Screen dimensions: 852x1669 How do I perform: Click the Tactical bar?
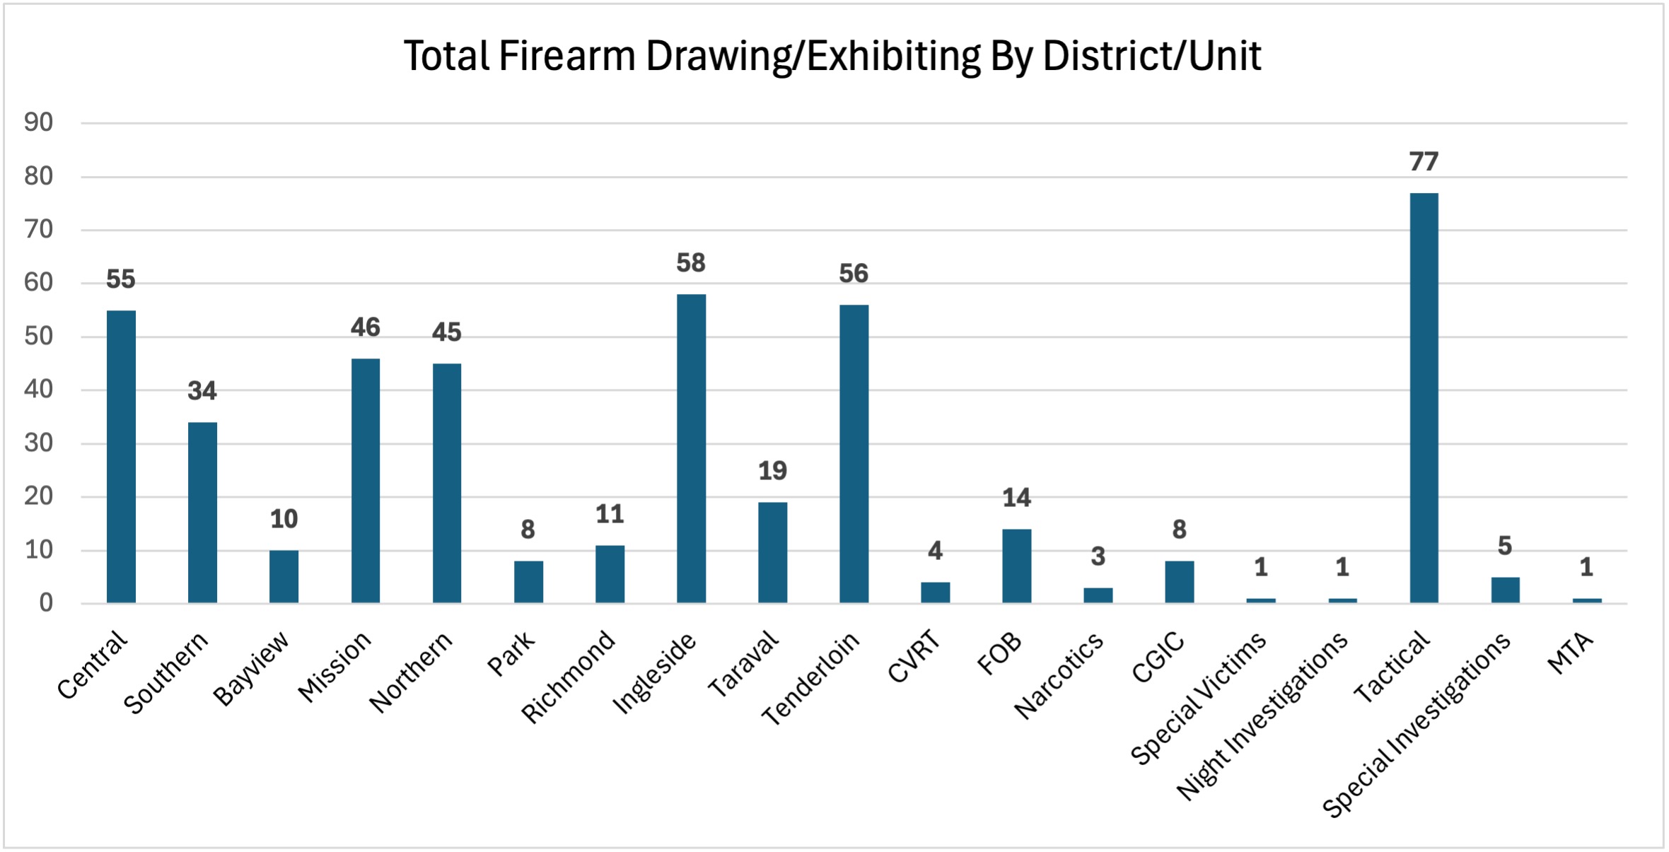[1424, 397]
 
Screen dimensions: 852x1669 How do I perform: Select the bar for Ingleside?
[691, 448]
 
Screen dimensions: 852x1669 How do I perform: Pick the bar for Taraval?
[772, 552]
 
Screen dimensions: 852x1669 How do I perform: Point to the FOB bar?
[1016, 566]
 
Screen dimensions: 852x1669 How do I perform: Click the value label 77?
[1424, 162]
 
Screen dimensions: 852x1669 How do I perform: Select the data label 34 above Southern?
[202, 391]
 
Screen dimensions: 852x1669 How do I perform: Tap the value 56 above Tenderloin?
[854, 274]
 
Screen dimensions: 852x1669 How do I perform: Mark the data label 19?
[772, 471]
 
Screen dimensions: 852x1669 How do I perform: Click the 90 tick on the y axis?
[39, 123]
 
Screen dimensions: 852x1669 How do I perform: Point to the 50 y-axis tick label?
[39, 337]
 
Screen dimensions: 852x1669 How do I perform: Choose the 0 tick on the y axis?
[46, 603]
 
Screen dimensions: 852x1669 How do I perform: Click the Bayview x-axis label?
[252, 667]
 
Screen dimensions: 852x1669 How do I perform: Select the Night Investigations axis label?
[1263, 715]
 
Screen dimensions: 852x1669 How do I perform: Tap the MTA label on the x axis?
[1571, 653]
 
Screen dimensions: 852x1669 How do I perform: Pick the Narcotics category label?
[1059, 675]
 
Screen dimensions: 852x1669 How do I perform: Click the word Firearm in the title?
[567, 56]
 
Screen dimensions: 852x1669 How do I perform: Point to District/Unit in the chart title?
[1152, 56]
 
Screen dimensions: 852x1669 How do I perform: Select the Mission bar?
[366, 481]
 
